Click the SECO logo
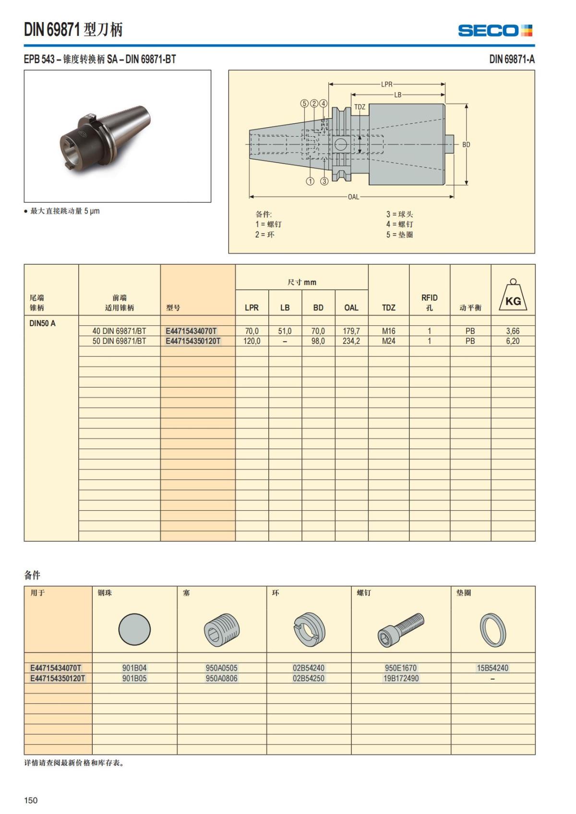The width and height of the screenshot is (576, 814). [495, 31]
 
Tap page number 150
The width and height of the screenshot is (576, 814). [31, 800]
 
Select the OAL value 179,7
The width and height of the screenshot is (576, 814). [351, 331]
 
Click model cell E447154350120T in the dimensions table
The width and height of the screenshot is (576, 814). [193, 341]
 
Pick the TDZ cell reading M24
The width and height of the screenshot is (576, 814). [388, 341]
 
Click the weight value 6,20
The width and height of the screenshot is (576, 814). [512, 341]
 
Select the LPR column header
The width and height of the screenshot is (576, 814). [252, 308]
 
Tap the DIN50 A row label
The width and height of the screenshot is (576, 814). [42, 323]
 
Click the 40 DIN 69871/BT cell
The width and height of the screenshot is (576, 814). [119, 331]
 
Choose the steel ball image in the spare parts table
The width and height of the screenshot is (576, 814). [134, 629]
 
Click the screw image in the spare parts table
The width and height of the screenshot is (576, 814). [401, 629]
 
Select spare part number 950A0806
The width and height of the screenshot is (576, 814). [221, 678]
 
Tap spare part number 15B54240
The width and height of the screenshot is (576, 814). [492, 668]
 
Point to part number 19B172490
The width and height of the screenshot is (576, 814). [401, 678]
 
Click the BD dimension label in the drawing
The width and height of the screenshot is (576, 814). [466, 144]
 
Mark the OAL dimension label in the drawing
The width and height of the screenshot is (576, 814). [353, 197]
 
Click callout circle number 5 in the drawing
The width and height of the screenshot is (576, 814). [304, 104]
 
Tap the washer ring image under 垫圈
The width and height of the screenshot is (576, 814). [492, 629]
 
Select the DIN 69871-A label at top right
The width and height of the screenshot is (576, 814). [512, 59]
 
